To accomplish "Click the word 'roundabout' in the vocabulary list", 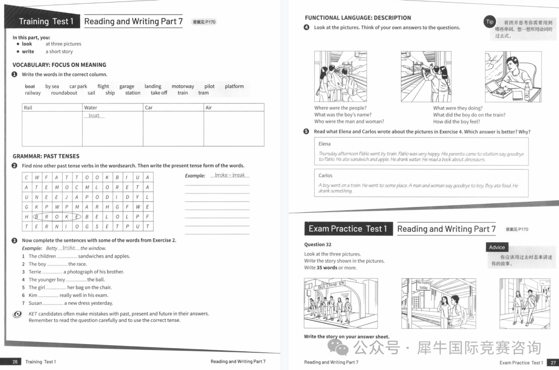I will coord(64,93).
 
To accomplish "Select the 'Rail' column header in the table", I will coord(28,108).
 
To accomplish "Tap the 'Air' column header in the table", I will coord(209,108).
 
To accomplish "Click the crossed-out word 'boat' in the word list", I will coord(30,86).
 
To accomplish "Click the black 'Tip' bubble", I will coord(490,22).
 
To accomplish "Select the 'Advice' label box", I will coord(497,247).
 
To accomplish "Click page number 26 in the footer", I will coord(15,362).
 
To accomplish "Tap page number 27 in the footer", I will coord(553,362).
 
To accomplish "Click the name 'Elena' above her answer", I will coord(325,144).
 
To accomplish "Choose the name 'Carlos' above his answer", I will coord(326,175).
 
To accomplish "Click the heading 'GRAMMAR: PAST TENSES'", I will coord(46,156).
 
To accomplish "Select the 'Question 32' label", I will coord(318,244).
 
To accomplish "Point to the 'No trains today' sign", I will coord(424,285).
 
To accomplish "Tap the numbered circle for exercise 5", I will coord(306,131).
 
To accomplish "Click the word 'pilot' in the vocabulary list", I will coord(209,86).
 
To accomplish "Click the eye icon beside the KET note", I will coord(18,314).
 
